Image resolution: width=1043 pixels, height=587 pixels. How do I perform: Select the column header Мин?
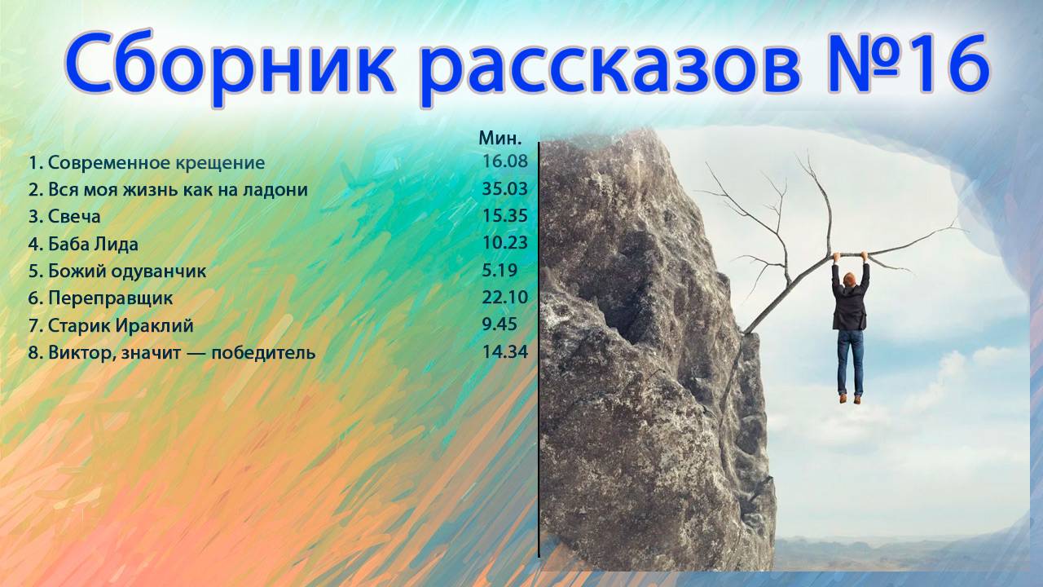(500, 138)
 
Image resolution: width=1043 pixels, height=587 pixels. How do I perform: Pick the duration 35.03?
(505, 189)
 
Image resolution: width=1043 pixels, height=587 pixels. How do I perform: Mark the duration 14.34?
(505, 352)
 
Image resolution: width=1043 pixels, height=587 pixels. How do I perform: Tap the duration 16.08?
(505, 161)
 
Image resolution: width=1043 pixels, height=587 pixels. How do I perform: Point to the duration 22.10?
(505, 297)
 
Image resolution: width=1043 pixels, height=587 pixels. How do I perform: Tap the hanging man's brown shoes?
(850, 399)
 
